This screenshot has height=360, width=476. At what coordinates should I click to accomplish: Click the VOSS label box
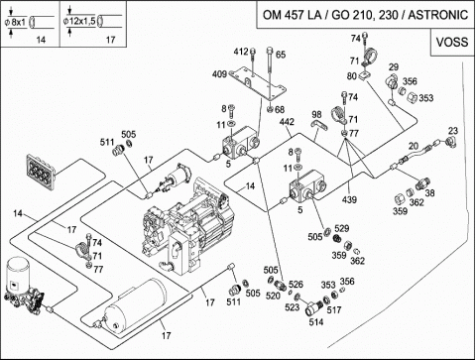(452, 43)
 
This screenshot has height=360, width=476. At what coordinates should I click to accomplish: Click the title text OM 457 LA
(293, 15)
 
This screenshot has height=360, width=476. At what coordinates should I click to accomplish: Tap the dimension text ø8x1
(15, 22)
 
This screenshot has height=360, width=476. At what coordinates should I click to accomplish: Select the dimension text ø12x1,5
(79, 22)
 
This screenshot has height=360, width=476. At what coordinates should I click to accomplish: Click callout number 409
(219, 74)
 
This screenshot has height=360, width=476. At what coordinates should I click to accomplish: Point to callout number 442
(287, 122)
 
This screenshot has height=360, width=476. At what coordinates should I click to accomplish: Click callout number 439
(349, 199)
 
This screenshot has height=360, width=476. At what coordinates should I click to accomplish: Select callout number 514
(316, 321)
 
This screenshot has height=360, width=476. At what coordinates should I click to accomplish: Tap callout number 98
(316, 114)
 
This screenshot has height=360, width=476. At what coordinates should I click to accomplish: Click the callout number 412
(241, 52)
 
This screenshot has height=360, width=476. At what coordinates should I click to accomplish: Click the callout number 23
(453, 131)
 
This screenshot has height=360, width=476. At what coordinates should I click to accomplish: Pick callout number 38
(429, 192)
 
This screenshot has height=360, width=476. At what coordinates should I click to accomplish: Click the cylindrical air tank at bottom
(135, 305)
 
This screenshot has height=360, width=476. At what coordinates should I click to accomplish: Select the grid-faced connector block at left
(42, 172)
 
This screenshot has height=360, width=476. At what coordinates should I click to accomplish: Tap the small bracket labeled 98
(319, 125)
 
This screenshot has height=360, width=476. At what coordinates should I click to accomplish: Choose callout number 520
(273, 296)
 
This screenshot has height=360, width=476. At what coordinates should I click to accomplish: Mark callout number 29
(394, 67)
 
